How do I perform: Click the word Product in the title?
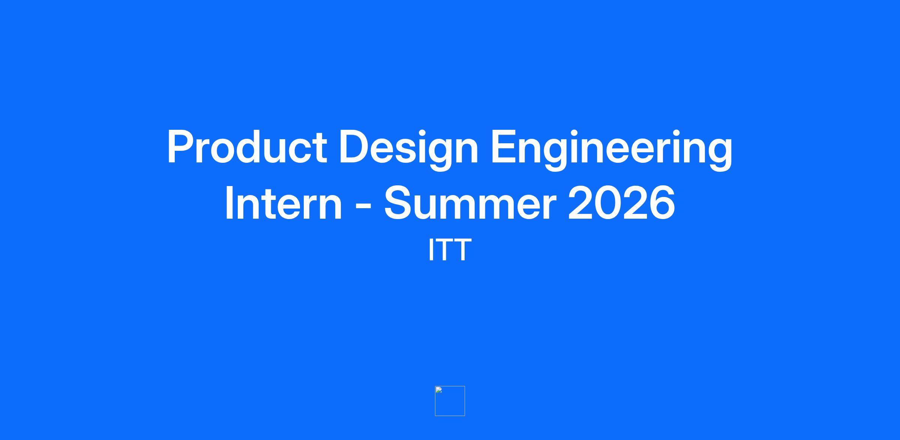click(247, 147)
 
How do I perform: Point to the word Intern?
click(283, 203)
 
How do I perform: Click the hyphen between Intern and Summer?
click(363, 206)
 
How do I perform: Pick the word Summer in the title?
click(470, 203)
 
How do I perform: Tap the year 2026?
click(621, 203)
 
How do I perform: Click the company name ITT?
click(450, 250)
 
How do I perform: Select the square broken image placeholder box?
click(450, 401)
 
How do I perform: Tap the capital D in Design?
click(355, 147)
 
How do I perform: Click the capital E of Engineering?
click(505, 147)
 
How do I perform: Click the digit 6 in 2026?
click(662, 203)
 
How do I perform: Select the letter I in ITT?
click(431, 250)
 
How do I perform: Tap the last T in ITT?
click(462, 250)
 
